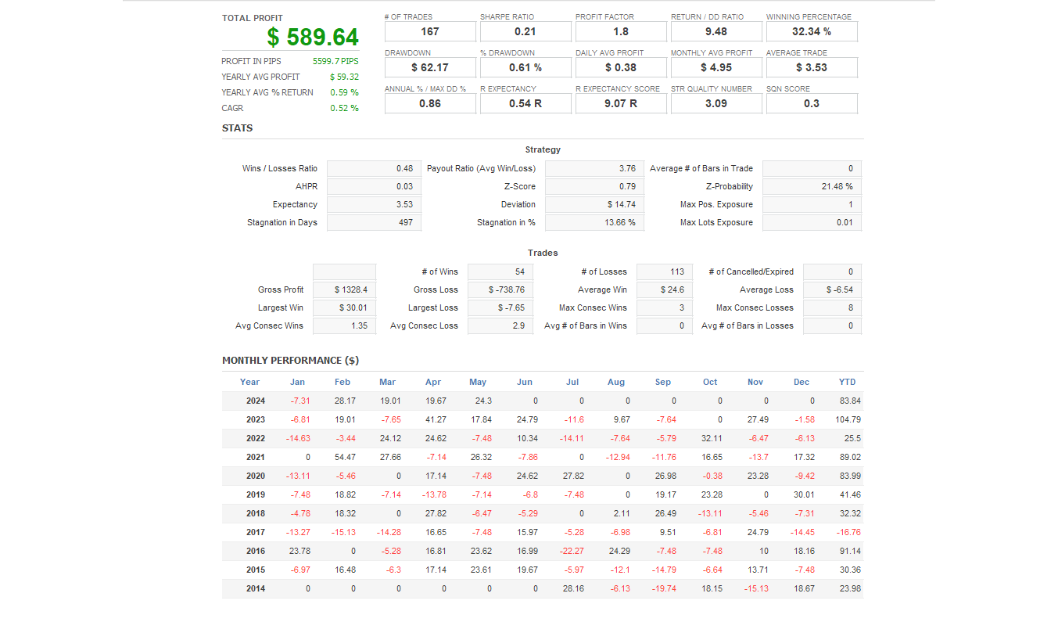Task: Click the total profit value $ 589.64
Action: pos(313,37)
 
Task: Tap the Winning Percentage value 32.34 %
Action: pos(812,31)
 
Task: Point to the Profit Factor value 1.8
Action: pos(621,31)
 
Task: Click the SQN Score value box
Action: pos(812,103)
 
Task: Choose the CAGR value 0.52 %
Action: pos(344,108)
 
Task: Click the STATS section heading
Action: pos(237,128)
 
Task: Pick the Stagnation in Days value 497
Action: pos(375,222)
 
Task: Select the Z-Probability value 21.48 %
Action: pos(812,186)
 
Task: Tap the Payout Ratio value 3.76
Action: pos(592,168)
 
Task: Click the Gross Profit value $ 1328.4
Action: pos(344,289)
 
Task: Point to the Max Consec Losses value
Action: pos(832,307)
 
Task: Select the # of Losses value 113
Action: pos(664,271)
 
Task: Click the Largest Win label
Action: pos(281,307)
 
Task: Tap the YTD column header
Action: pos(847,382)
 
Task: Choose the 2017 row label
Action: pos(256,532)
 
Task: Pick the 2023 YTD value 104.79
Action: pos(848,419)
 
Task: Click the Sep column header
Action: pos(663,382)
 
